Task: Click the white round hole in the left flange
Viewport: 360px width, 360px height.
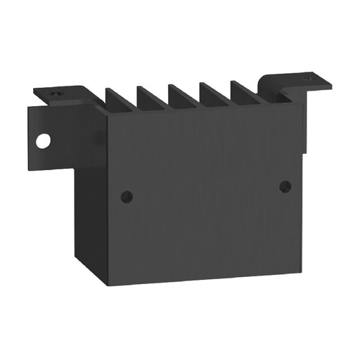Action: [x=44, y=141]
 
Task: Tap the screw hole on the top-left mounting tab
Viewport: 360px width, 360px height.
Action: [x=57, y=91]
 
